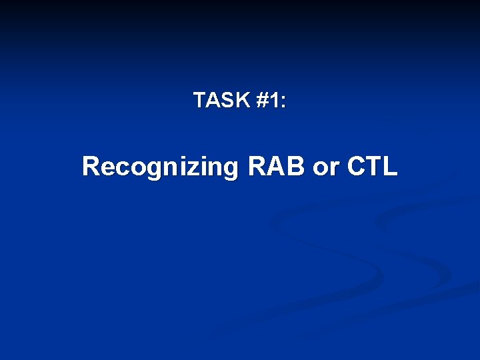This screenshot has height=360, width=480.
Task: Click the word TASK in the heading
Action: pos(221,101)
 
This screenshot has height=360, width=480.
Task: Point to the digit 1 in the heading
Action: pos(275,101)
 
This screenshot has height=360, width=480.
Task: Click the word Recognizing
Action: pos(159,167)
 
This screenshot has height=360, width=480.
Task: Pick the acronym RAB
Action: pos(277,166)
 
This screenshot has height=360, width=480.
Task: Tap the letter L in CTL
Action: pos(390,166)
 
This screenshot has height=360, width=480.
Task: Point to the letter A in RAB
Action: pos(277,166)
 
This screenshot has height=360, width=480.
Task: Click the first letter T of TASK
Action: pos(199,101)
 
